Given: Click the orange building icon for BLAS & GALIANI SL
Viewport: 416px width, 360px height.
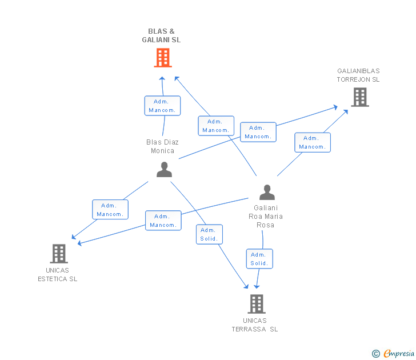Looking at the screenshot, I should point(163,58).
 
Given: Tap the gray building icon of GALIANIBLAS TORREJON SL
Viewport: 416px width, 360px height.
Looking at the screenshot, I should point(360,97).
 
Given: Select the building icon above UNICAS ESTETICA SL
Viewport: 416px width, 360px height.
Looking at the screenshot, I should point(59,253).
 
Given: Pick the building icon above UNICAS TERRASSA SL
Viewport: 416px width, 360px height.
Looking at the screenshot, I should point(257,303).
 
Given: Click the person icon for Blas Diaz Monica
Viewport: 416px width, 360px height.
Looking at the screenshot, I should point(164,170).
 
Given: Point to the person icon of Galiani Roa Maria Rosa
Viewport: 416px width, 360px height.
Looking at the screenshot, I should point(267,193).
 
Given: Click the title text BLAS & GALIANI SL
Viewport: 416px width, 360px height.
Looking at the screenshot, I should point(161,35).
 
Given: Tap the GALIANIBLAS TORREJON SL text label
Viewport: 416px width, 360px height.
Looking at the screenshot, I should point(358,75).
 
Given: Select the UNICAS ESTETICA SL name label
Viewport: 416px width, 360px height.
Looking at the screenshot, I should point(57,275).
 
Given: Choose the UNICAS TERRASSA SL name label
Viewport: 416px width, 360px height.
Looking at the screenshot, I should point(255,325).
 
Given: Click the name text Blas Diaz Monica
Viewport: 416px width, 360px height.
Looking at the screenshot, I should point(162,146).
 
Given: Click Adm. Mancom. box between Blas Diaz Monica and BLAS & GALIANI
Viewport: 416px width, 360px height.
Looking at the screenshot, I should point(162,106).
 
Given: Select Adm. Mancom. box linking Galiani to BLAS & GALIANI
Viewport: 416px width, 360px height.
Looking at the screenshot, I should point(216,126).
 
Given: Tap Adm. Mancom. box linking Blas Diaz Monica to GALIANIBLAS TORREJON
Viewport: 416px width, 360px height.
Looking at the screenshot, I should point(258,132).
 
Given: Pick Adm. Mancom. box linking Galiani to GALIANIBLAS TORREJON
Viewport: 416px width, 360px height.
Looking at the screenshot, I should point(313,142).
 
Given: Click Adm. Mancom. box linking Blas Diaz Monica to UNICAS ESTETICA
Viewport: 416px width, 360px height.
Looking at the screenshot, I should point(110,210).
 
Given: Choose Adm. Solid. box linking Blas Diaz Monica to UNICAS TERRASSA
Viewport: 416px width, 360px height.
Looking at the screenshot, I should point(209,234).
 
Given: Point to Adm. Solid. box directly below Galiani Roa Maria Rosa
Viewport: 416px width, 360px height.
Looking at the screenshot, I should point(259,259).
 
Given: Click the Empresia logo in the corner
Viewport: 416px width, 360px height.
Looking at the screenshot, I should point(393,354).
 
